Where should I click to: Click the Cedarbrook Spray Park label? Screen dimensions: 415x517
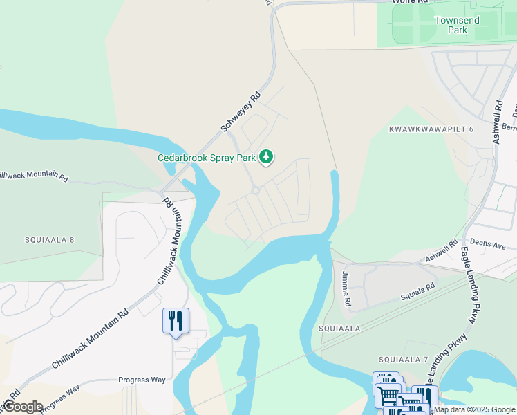(207, 158)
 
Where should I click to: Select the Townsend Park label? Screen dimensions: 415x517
(456, 26)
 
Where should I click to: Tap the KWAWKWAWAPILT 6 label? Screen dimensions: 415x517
(431, 129)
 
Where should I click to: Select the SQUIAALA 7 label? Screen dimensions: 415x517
(404, 360)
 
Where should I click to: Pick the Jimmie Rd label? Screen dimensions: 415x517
(346, 290)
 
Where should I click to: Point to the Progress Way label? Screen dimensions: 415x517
(142, 380)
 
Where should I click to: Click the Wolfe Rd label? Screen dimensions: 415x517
(406, 2)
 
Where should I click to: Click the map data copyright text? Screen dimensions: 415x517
(475, 409)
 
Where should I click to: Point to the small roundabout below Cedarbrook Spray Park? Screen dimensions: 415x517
(255, 190)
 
